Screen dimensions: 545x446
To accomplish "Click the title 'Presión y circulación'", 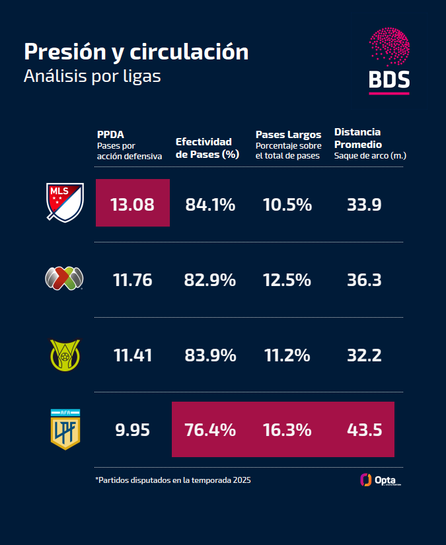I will pyautogui.click(x=136, y=52).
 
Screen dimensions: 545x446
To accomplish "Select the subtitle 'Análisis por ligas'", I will pyautogui.click(x=92, y=77).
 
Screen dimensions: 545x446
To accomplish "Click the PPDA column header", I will pyautogui.click(x=110, y=133).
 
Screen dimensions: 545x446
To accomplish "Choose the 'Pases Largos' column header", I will pyautogui.click(x=288, y=134).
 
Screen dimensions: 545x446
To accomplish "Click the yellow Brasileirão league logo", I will pyautogui.click(x=65, y=355).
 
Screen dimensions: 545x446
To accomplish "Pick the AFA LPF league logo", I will pyautogui.click(x=65, y=429).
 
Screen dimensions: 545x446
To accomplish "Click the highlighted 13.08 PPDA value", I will pyautogui.click(x=133, y=204).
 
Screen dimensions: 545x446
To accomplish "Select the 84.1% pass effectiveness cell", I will pyautogui.click(x=210, y=205).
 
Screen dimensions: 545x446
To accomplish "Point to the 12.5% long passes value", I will pyautogui.click(x=287, y=280).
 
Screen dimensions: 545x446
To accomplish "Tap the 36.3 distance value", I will pyautogui.click(x=364, y=280).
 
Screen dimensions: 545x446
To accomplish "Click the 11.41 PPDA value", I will pyautogui.click(x=133, y=355).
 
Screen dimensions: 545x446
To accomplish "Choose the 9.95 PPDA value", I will pyautogui.click(x=132, y=430).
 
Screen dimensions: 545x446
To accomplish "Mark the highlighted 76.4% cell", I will pyautogui.click(x=210, y=430).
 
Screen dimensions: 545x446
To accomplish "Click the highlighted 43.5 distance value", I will pyautogui.click(x=364, y=430).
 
